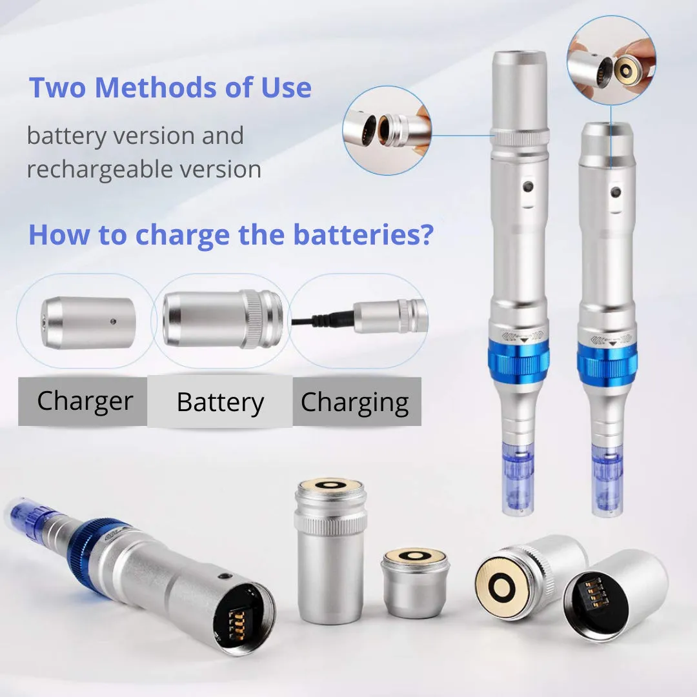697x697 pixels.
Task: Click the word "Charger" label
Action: pyautogui.click(x=85, y=401)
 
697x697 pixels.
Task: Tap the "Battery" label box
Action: pyautogui.click(x=220, y=403)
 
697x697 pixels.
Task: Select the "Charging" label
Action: pyautogui.click(x=355, y=403)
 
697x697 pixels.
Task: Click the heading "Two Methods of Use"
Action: pyautogui.click(x=170, y=88)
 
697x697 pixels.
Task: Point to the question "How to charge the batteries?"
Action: pyautogui.click(x=230, y=235)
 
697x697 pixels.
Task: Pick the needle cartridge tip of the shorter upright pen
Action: pyautogui.click(x=607, y=481)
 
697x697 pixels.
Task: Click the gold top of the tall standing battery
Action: pyautogui.click(x=330, y=486)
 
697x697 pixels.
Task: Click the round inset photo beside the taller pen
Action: pyautogui.click(x=387, y=130)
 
